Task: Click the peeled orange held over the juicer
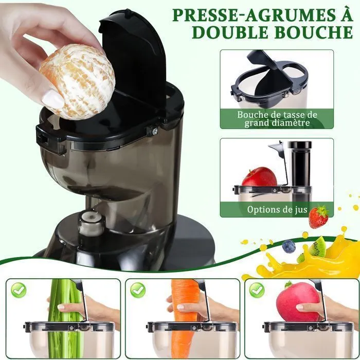click(77, 81)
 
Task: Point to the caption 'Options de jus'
click(277, 210)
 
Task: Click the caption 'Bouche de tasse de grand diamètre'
click(277, 119)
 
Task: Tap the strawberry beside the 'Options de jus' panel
click(318, 217)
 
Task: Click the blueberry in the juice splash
click(289, 246)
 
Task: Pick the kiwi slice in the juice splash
click(317, 247)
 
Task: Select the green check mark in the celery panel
click(19, 290)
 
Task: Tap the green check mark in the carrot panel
click(138, 290)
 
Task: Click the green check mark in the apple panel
click(257, 290)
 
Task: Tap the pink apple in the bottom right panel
click(298, 301)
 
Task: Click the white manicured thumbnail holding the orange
click(53, 99)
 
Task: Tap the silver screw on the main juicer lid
click(155, 131)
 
